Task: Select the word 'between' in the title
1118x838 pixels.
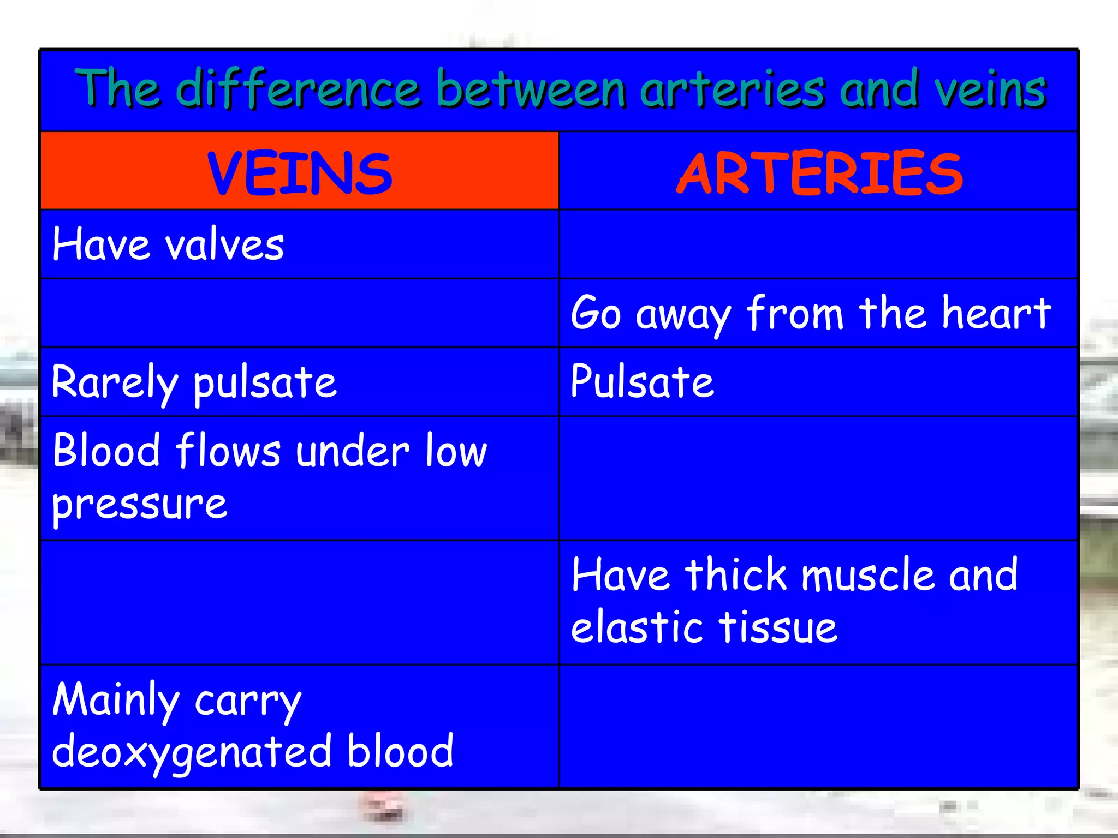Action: (531, 88)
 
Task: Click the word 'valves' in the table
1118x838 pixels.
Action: (224, 245)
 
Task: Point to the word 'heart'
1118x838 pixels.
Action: (996, 313)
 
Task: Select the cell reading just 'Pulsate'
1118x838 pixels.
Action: (642, 382)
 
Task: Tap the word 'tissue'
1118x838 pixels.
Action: (777, 627)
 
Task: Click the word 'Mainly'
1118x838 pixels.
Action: (115, 700)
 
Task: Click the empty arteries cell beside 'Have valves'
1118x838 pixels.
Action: (818, 244)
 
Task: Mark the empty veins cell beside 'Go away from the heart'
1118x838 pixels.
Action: (300, 313)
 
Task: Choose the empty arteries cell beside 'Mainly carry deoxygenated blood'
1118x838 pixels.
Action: (818, 726)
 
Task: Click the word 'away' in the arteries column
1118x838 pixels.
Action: (682, 315)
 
